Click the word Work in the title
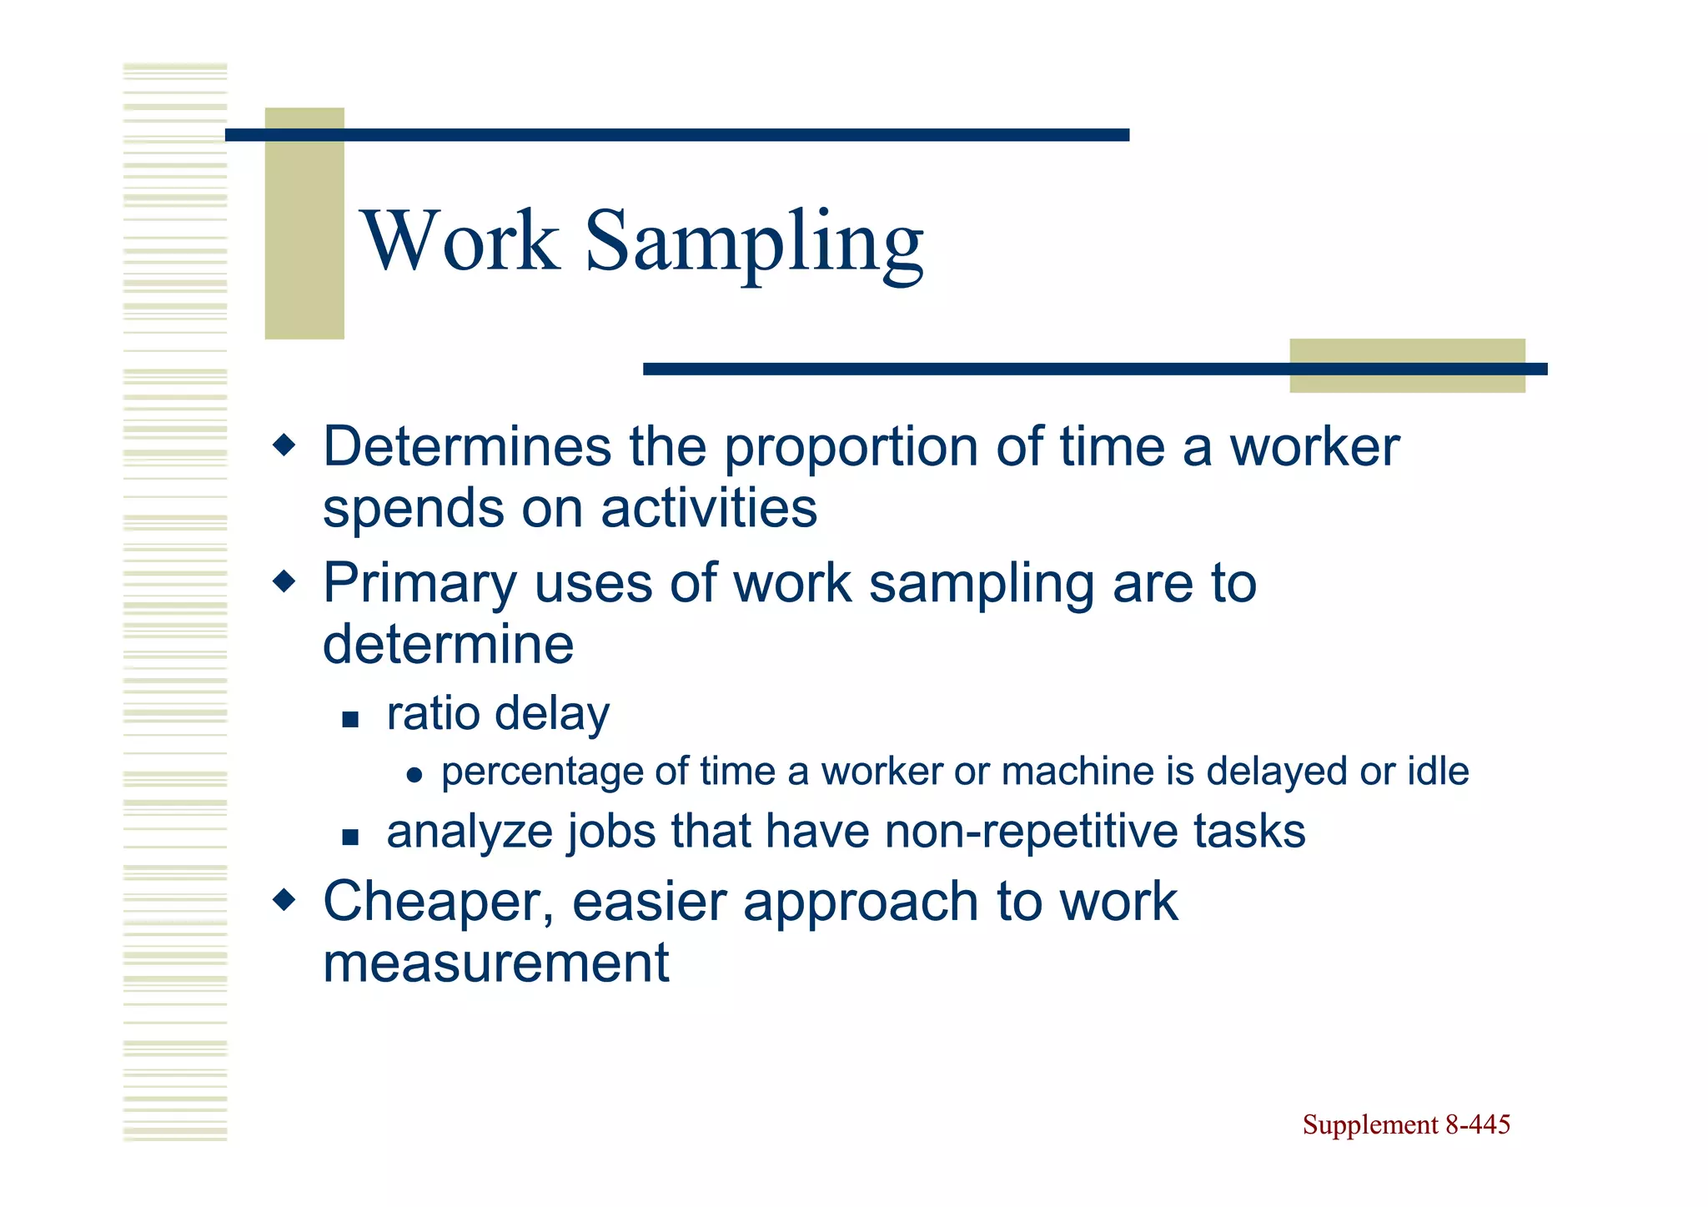coord(461,242)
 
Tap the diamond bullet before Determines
coord(284,445)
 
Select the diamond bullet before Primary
coord(284,581)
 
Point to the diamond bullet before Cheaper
coord(284,899)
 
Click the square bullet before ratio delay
coord(350,719)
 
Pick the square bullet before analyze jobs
coord(350,837)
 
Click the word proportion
coord(851,449)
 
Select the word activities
coord(709,509)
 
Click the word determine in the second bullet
coord(448,645)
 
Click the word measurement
coord(495,963)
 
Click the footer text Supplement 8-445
coord(1406,1125)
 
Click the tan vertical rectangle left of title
coord(304,224)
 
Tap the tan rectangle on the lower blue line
coord(1407,366)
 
